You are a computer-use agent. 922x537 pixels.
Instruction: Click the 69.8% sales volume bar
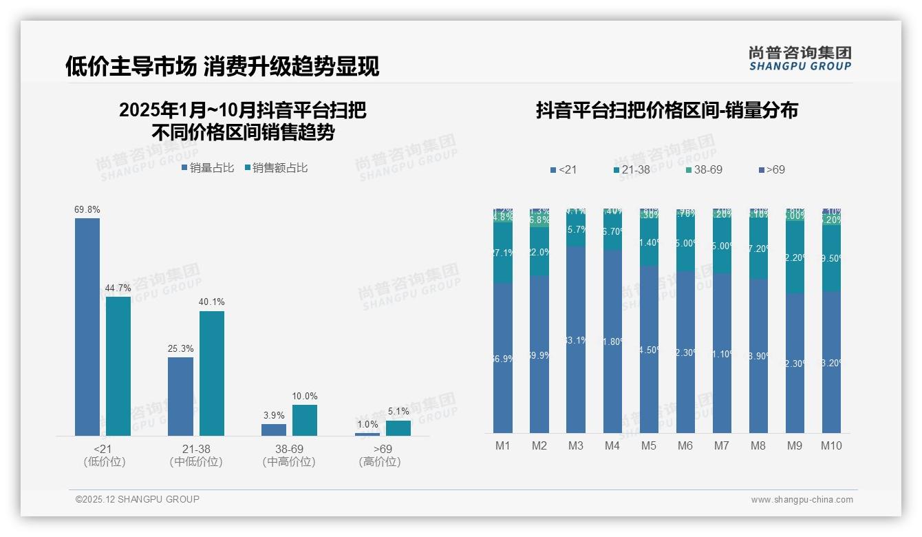[x=87, y=326]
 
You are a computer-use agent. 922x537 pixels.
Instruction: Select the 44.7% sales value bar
[x=118, y=366]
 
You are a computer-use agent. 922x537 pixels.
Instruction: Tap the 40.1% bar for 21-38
[x=212, y=373]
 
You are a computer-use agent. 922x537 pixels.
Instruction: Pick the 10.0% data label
[x=305, y=396]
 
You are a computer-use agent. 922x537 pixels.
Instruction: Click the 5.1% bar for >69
[x=398, y=428]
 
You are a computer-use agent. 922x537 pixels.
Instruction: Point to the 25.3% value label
[x=180, y=348]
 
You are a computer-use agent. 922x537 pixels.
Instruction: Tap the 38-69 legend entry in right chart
[x=704, y=169]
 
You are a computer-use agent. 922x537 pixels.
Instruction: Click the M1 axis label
[x=503, y=445]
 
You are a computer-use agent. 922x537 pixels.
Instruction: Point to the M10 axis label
[x=831, y=445]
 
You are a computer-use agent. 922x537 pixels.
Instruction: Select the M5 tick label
[x=649, y=445]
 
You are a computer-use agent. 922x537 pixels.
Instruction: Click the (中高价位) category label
[x=289, y=462]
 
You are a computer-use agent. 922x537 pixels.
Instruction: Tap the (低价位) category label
[x=105, y=462]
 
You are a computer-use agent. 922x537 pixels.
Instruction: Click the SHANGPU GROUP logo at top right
[x=800, y=59]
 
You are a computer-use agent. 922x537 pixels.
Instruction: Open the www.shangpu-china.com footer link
[x=802, y=500]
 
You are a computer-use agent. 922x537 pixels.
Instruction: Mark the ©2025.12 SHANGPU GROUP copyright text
[x=138, y=499]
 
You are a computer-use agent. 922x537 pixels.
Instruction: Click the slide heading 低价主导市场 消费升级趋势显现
[x=222, y=66]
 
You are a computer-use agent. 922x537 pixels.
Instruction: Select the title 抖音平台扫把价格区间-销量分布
[x=667, y=111]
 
